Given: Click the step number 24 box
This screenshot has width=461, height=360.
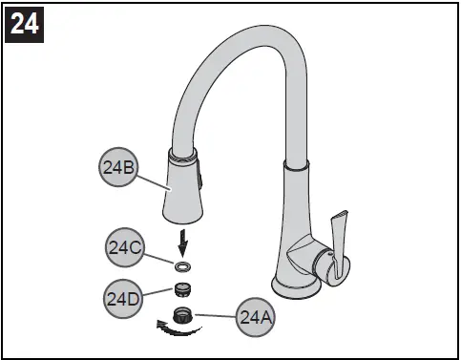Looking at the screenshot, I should click(x=25, y=23).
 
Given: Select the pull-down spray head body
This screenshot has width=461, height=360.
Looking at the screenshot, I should click(x=181, y=191).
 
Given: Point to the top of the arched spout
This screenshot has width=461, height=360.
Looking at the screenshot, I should click(x=248, y=40).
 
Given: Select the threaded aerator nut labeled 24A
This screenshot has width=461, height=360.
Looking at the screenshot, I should click(x=182, y=313).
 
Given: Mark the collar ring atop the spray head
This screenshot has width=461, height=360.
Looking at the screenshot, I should click(x=184, y=155).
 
